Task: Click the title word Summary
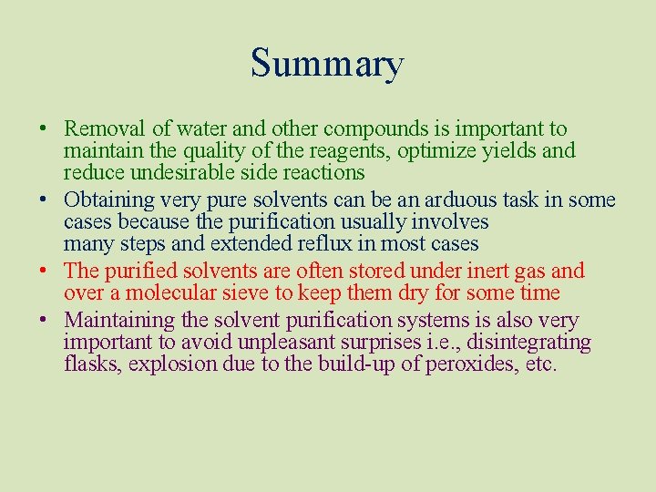[327, 64]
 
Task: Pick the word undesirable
[176, 173]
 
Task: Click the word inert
[494, 272]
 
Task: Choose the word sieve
[243, 293]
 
